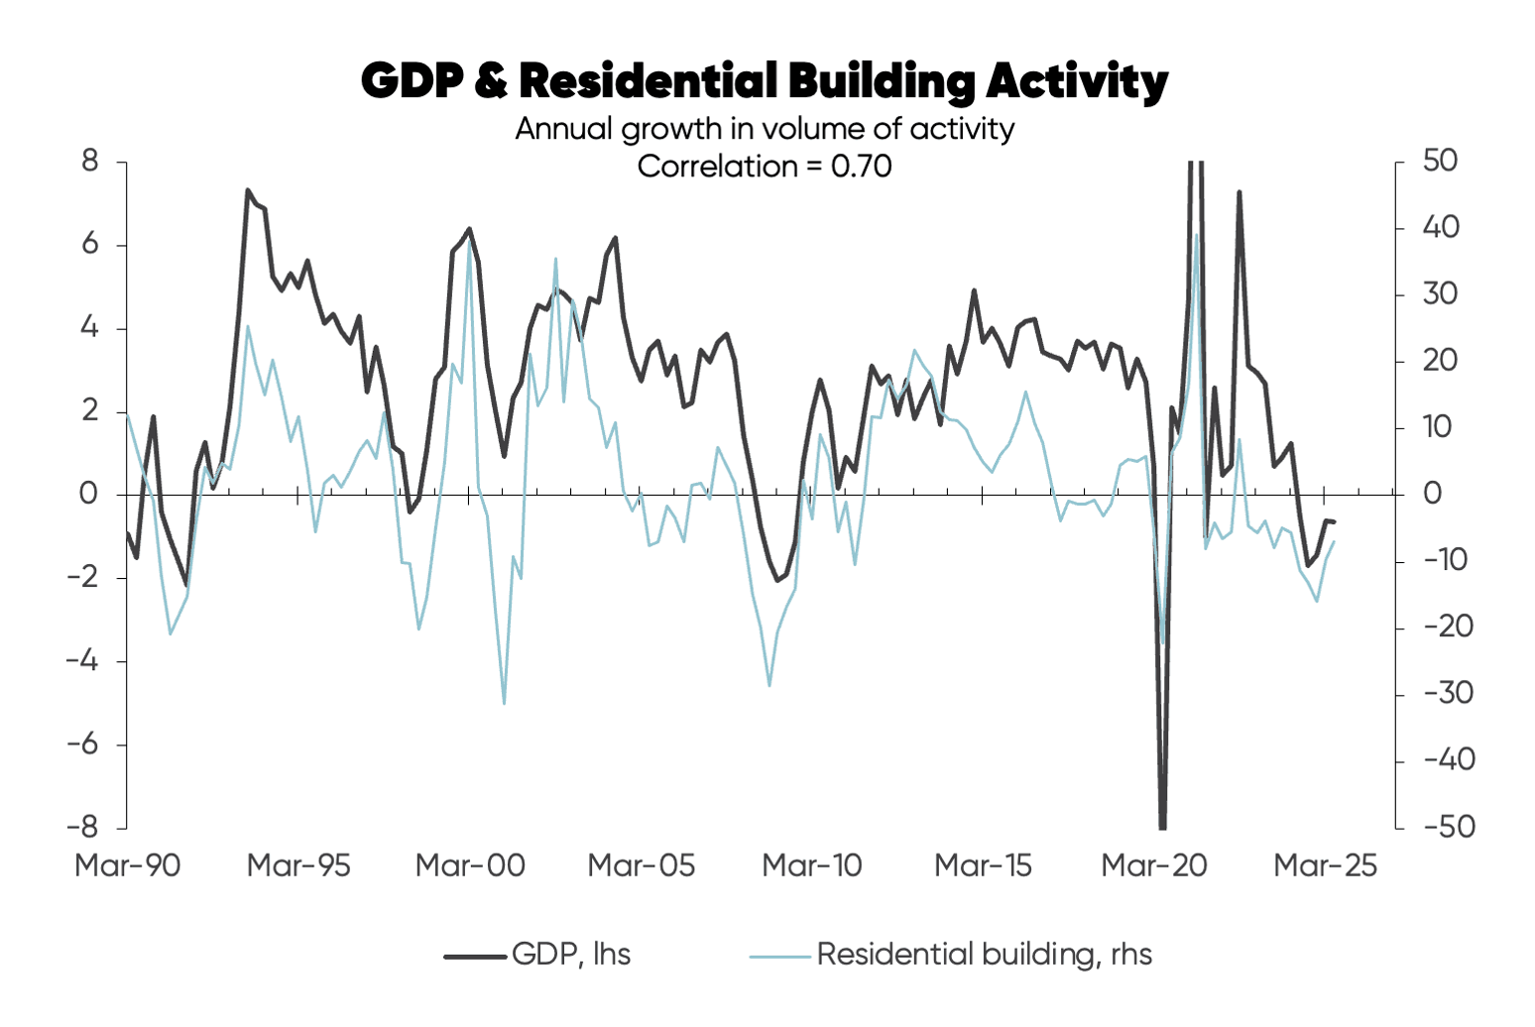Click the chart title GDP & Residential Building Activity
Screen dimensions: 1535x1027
(765, 81)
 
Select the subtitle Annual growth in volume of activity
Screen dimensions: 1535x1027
(765, 129)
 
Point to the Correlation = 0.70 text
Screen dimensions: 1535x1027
(765, 166)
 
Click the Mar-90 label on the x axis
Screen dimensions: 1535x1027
(128, 865)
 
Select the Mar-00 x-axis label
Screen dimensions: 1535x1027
(470, 865)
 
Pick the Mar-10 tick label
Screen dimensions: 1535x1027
(812, 865)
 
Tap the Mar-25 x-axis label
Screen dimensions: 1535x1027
(1326, 865)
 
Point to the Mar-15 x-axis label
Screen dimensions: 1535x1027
(983, 865)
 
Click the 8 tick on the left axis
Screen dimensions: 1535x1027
(90, 161)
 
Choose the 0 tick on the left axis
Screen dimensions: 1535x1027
(90, 494)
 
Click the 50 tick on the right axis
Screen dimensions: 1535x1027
(1440, 161)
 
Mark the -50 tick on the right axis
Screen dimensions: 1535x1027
(1448, 827)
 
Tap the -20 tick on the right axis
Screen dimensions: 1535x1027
(1448, 627)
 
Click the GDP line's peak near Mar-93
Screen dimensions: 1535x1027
(248, 190)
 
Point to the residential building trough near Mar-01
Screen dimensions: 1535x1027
(504, 704)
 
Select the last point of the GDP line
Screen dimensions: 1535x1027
(1335, 522)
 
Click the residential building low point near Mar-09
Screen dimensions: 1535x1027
(769, 685)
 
